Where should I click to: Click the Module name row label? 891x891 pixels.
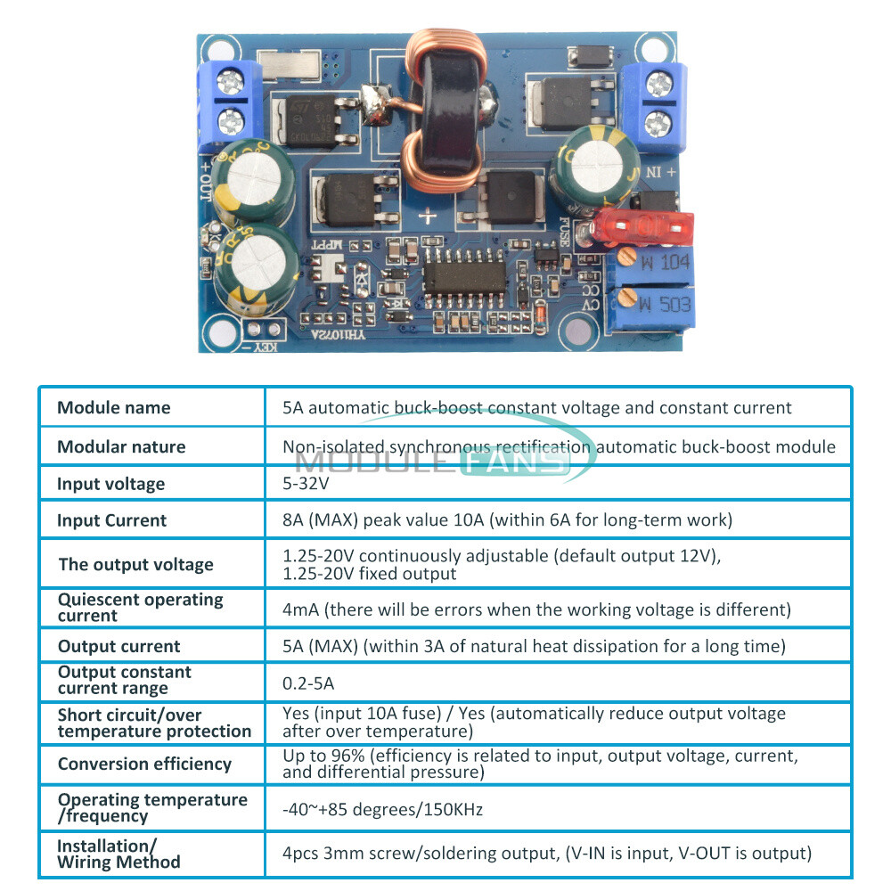click(113, 408)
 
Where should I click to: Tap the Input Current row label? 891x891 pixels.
click(111, 520)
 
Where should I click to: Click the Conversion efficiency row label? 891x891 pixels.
click(144, 764)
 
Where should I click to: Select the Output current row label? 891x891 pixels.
click(119, 646)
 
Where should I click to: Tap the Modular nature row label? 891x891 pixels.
click(121, 446)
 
